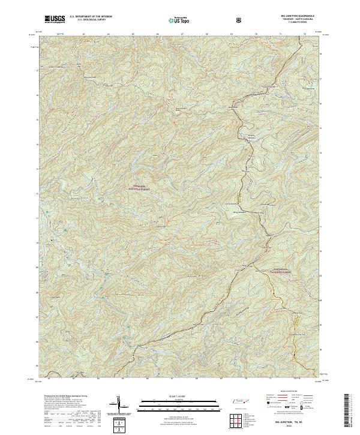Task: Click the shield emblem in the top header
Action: (239, 20)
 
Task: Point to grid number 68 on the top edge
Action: (206, 34)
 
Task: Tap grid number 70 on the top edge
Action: (257, 34)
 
